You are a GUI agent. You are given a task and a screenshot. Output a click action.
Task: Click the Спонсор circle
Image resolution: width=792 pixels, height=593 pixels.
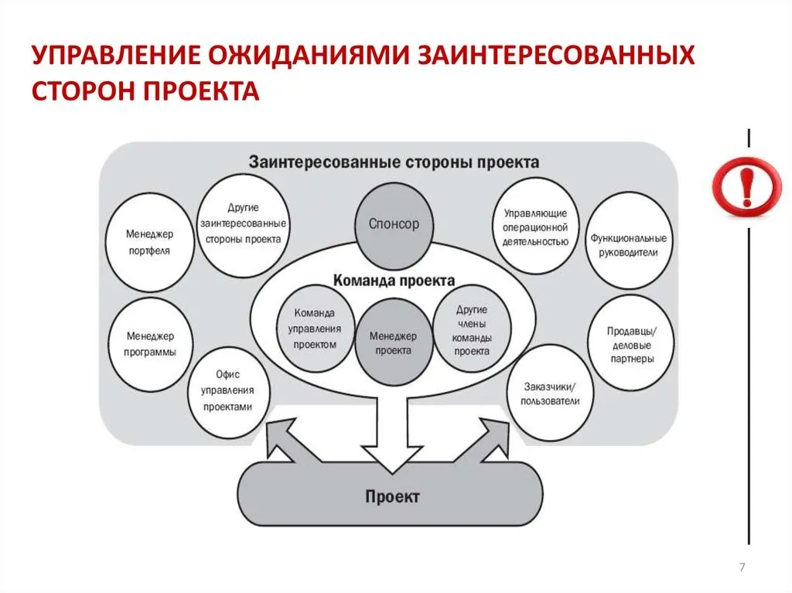(x=394, y=226)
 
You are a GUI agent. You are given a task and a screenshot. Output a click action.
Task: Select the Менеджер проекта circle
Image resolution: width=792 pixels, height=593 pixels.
(x=394, y=343)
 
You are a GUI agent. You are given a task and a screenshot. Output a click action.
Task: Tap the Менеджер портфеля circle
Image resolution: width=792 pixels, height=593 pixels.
(x=150, y=243)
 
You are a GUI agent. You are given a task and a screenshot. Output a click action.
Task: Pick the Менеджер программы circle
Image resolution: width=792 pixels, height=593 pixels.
(x=151, y=345)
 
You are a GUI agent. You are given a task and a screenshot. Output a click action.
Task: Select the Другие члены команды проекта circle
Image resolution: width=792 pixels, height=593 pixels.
(x=472, y=329)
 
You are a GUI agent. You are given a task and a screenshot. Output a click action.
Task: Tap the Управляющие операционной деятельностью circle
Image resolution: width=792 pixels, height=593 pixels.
(x=535, y=227)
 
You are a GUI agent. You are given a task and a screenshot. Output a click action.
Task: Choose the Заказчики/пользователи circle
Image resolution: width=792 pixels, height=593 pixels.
(x=550, y=394)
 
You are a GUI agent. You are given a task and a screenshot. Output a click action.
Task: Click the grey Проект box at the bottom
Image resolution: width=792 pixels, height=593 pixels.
(x=391, y=496)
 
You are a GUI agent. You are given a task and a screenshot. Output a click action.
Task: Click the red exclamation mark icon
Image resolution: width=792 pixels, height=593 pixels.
(x=746, y=187)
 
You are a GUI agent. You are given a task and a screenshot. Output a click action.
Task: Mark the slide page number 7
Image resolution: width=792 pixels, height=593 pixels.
(x=742, y=567)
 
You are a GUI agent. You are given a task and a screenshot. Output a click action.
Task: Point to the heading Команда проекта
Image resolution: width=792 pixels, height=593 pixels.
(x=394, y=281)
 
